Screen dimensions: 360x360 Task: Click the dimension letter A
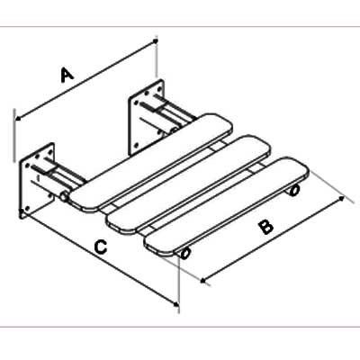67,75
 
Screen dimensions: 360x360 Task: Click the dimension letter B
266,227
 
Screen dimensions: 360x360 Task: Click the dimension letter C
100,247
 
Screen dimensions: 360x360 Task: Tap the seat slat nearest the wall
151,163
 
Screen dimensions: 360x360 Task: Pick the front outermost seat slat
227,207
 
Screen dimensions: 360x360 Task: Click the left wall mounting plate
37,181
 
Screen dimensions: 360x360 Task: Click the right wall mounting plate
146,117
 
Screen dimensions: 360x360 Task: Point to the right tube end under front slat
294,190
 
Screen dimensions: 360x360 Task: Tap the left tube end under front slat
185,254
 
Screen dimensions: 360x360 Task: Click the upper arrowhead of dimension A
155,40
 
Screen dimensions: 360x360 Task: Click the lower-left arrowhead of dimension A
18,119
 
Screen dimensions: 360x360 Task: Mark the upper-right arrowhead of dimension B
341,198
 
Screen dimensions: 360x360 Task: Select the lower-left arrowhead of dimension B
203,281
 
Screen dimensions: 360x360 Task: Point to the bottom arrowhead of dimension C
176,304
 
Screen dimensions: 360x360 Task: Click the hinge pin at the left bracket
64,198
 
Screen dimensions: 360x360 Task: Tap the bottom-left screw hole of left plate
28,208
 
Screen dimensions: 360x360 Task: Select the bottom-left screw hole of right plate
137,146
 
